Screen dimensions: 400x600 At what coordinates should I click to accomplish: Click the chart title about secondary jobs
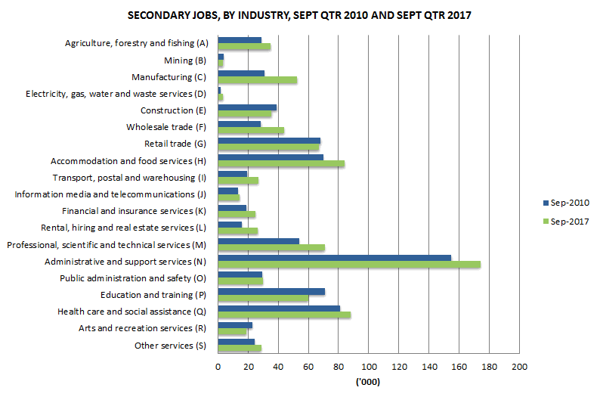coord(299,15)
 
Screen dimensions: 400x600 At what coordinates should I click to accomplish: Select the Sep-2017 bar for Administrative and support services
coord(348,265)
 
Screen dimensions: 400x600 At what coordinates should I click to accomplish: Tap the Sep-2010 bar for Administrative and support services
coord(334,258)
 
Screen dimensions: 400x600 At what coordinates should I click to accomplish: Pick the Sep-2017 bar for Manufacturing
coord(257,80)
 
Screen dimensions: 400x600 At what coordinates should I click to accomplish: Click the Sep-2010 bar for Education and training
coord(271,291)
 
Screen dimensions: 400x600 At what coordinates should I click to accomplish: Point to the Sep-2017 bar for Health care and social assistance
coord(284,315)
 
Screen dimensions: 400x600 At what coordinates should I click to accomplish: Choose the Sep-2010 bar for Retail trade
coord(269,141)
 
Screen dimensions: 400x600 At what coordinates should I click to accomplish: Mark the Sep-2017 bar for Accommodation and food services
coord(281,164)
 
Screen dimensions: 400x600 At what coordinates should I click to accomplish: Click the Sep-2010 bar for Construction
coord(247,107)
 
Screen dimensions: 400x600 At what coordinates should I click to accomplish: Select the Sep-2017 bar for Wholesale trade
coord(251,131)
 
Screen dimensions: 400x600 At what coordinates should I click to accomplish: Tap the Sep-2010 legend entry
coord(566,203)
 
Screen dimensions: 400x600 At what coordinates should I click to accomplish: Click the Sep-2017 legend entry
coord(566,221)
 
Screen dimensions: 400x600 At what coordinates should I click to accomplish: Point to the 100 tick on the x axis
coord(369,367)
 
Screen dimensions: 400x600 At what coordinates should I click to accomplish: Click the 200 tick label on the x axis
coord(519,367)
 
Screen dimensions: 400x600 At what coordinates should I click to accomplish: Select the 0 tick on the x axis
coord(218,367)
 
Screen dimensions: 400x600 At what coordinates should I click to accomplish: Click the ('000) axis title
coord(368,382)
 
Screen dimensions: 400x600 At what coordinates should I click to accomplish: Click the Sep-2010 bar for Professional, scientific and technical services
coord(258,241)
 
